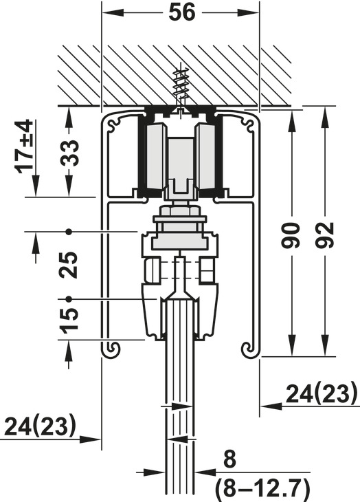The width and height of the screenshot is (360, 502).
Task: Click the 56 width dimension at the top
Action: pyautogui.click(x=181, y=13)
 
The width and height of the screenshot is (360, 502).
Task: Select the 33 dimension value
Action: pyautogui.click(x=69, y=153)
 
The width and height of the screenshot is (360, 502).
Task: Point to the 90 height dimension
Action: pyautogui.click(x=291, y=236)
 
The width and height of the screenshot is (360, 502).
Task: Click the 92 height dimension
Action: pyautogui.click(x=324, y=235)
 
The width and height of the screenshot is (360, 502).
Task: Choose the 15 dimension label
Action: pyautogui.click(x=69, y=320)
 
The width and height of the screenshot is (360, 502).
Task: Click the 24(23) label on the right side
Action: pyautogui.click(x=321, y=393)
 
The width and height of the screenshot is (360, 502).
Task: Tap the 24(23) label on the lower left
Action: pyautogui.click(x=41, y=426)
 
